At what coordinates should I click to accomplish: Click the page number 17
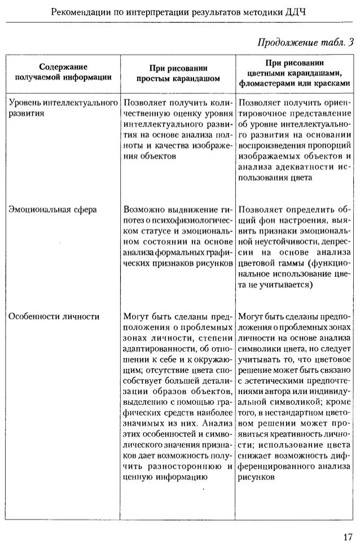347,535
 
